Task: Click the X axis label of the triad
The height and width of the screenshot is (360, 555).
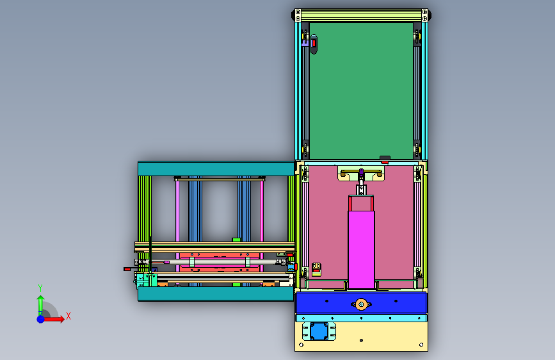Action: point(68,316)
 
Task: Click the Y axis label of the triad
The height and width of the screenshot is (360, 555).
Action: point(40,288)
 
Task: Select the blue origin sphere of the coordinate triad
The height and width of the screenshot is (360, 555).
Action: point(41,319)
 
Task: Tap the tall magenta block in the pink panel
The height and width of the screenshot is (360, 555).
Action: point(361,250)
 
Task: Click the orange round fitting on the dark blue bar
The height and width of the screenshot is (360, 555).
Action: point(361,304)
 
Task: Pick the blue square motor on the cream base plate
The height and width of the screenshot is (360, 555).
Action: point(319,331)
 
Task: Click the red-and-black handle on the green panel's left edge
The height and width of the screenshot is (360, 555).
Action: point(314,44)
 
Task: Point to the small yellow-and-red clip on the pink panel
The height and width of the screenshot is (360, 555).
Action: point(316,270)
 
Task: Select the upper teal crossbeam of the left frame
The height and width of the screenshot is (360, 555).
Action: point(216,168)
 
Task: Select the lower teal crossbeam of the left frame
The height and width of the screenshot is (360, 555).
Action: point(216,294)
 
